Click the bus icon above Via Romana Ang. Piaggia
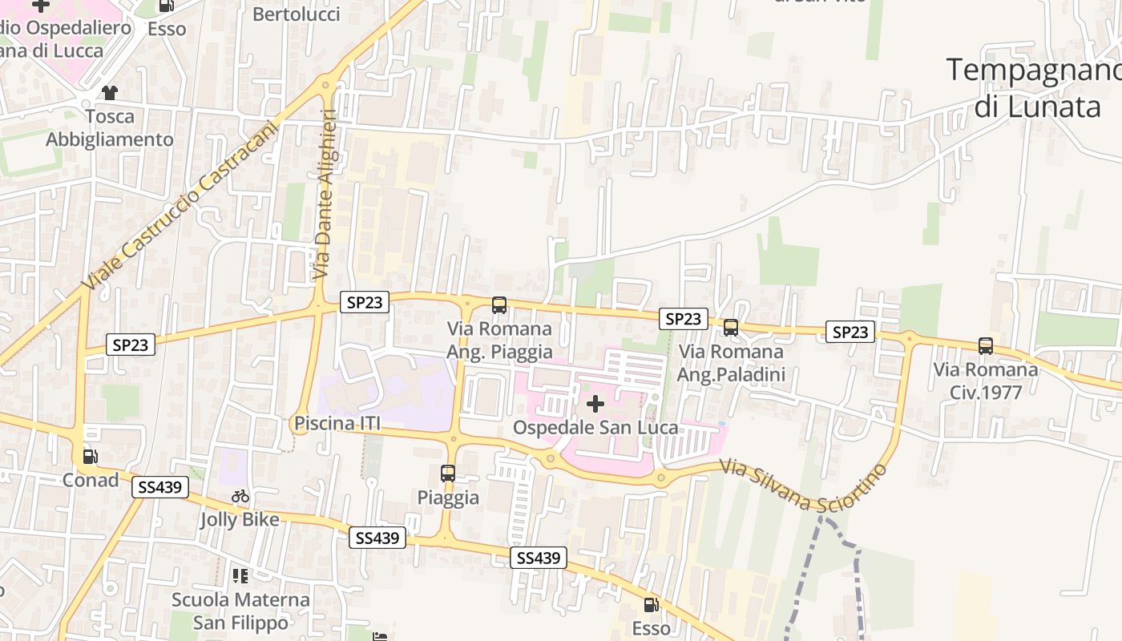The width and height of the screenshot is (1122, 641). (x=499, y=304)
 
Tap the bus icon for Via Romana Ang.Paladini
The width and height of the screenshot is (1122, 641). (x=730, y=327)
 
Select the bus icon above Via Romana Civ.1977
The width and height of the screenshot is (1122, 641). (x=985, y=346)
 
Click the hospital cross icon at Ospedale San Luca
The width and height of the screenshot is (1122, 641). (x=595, y=404)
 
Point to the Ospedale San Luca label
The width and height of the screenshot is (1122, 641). (x=595, y=428)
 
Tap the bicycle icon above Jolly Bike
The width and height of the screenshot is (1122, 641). (x=240, y=497)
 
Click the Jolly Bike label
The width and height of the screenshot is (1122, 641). (x=240, y=520)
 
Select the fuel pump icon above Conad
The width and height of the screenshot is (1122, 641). (x=91, y=457)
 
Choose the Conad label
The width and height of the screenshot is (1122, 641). (x=91, y=480)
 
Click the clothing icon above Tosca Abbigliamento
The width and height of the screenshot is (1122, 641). (x=109, y=93)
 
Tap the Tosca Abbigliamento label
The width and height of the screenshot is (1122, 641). (x=109, y=128)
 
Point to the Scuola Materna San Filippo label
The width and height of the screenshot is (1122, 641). (x=240, y=611)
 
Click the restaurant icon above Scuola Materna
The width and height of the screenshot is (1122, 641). (x=240, y=576)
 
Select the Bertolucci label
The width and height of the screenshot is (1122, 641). (x=296, y=14)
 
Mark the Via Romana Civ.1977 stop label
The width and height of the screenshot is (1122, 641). (x=985, y=381)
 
